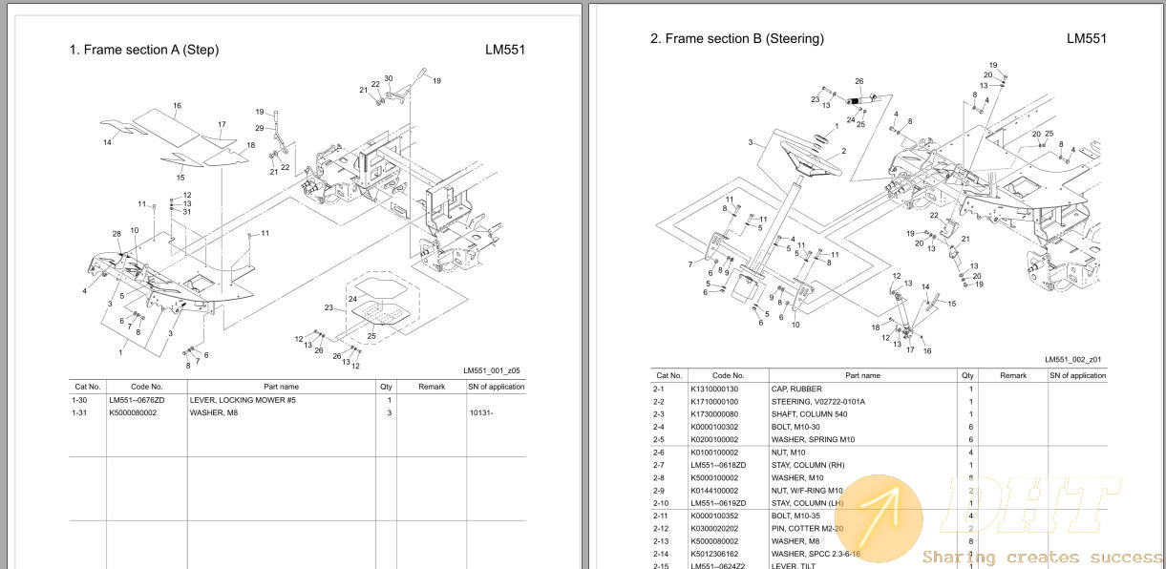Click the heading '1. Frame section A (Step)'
(x=144, y=50)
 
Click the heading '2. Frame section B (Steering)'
(x=736, y=39)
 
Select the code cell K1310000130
(x=714, y=390)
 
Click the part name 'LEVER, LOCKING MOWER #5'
(x=243, y=400)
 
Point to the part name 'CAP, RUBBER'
(x=796, y=390)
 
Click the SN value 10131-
(x=482, y=412)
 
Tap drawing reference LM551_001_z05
(x=491, y=370)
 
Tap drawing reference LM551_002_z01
(x=1072, y=360)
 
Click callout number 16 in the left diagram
(x=177, y=105)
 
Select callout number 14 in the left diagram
(x=108, y=143)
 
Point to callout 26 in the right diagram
(x=859, y=81)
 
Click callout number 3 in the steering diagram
(x=751, y=142)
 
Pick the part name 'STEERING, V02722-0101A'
(x=817, y=402)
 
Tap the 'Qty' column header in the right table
(x=967, y=376)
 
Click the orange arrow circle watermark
(x=883, y=515)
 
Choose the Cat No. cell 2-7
(x=661, y=465)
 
